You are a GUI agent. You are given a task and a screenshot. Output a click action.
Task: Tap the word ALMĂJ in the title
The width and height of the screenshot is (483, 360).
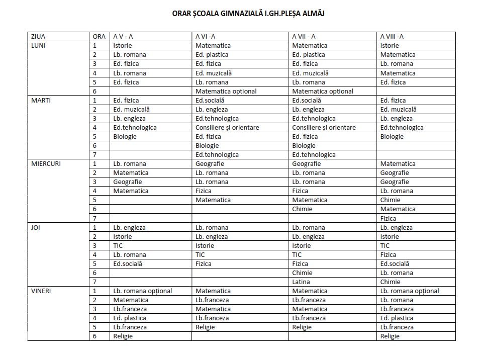click(312, 14)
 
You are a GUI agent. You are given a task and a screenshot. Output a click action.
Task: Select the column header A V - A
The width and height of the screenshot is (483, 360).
click(123, 36)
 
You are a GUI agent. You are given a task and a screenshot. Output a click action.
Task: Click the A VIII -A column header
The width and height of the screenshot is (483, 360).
click(392, 36)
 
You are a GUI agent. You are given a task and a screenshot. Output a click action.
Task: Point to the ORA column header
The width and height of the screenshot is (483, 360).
click(99, 36)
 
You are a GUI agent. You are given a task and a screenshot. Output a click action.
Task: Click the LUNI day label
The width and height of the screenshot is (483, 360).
click(38, 45)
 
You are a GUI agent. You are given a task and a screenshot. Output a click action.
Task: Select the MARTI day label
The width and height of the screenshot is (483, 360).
click(40, 100)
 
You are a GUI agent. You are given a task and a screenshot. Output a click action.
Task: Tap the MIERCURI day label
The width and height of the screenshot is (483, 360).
click(46, 163)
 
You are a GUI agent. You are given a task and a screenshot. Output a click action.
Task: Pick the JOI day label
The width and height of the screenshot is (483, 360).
click(36, 227)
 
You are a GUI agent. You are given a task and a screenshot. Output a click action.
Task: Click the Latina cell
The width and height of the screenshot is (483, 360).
click(301, 282)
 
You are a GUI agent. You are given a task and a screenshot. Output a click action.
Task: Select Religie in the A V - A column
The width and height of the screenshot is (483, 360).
click(123, 336)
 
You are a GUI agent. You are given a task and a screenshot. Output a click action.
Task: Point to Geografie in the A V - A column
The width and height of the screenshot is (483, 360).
click(128, 182)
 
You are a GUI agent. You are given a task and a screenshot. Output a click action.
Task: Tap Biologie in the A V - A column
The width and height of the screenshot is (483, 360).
click(125, 136)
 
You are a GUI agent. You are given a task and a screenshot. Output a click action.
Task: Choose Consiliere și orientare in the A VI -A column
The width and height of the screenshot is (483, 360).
click(227, 127)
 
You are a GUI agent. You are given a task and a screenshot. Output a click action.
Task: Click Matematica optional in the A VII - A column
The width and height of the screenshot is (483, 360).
click(323, 91)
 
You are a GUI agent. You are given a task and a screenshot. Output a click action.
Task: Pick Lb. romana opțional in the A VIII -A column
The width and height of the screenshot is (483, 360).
click(410, 291)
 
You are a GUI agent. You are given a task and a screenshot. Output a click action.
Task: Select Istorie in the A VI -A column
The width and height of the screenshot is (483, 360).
click(205, 245)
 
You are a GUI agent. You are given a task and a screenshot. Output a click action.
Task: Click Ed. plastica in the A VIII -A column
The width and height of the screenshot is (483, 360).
click(397, 318)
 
